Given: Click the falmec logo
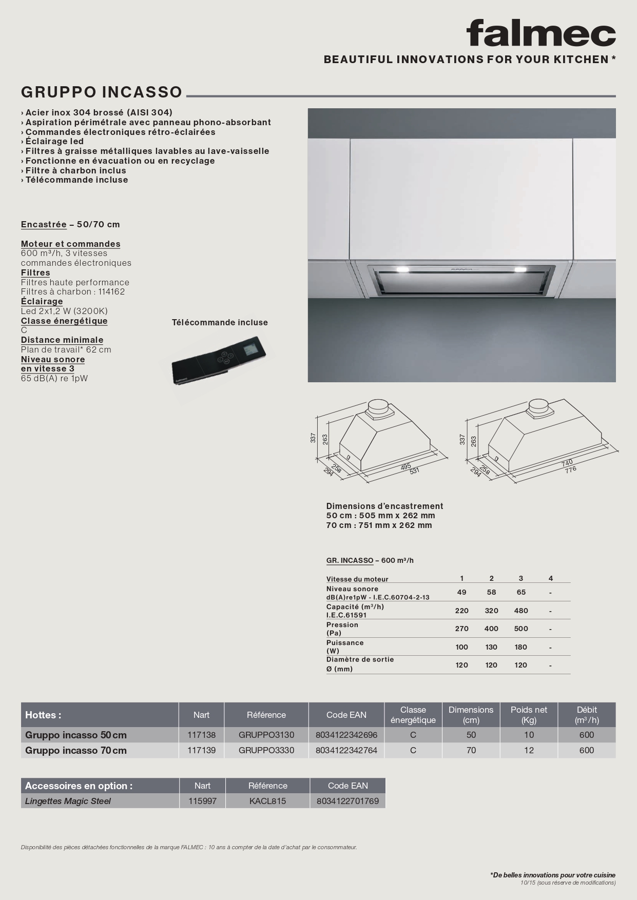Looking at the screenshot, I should tap(541, 34).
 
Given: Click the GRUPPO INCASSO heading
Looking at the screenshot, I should tap(102, 92).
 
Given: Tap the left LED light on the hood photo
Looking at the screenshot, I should tap(401, 269).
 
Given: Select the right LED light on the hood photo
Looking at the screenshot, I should tap(520, 269).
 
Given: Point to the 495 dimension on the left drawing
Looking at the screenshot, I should tap(406, 466).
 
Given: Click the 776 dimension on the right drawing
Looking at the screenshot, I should tap(570, 469).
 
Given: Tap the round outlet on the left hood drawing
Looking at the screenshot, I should tap(380, 405).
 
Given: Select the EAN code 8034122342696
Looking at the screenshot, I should tap(346, 735).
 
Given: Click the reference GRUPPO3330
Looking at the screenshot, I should tap(266, 750).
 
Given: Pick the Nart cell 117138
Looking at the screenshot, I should tap(202, 735).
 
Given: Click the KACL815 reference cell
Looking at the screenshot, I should tap(267, 801).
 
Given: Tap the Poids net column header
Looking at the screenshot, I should tap(529, 714).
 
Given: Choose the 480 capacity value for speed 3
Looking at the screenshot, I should tap(521, 611).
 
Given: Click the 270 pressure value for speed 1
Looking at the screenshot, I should tap(461, 629).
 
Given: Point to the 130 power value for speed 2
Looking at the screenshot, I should tap(491, 647).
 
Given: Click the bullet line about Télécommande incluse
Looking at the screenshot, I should tap(76, 180).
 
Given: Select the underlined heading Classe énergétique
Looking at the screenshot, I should tap(64, 321).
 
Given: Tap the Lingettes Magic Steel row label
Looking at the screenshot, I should tap(68, 801).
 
